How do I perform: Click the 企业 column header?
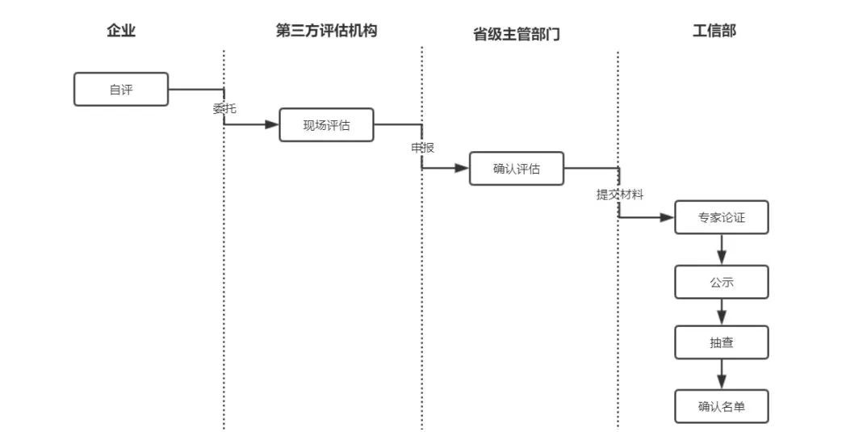[x=121, y=31]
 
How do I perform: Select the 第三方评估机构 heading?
[x=326, y=31]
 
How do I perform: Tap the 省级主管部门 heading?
[x=516, y=35]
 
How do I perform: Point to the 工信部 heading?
[x=714, y=31]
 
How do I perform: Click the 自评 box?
[x=121, y=90]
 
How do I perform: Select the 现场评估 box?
[x=326, y=125]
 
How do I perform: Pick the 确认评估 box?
[x=517, y=169]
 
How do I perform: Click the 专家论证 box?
[x=722, y=217]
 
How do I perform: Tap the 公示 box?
[x=722, y=282]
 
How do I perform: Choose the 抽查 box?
[x=722, y=342]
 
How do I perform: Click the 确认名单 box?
[x=722, y=406]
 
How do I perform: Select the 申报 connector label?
[x=422, y=149]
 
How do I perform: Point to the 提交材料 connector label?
[x=620, y=195]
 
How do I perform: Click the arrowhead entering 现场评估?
[x=271, y=125]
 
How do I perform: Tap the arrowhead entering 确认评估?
[x=462, y=169]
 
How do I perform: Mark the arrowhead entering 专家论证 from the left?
[x=667, y=217]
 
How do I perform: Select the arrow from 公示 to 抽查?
[x=722, y=312]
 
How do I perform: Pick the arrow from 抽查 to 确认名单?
[x=722, y=375]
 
